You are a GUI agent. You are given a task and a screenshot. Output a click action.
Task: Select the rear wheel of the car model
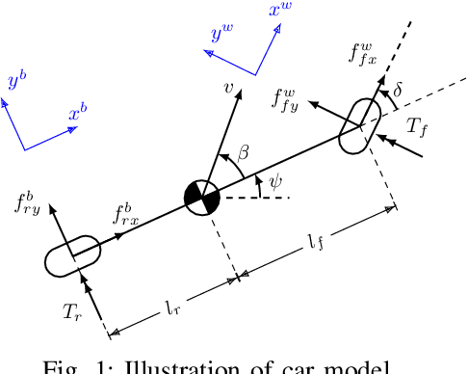click(x=72, y=255)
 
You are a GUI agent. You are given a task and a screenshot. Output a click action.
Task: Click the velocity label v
click(x=229, y=89)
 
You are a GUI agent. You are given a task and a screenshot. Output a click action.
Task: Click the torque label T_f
click(x=419, y=125)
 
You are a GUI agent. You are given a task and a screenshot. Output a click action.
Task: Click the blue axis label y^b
click(x=15, y=81)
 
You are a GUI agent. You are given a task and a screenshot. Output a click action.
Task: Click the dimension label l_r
click(x=172, y=309)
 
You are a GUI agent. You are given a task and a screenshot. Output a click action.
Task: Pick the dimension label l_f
click(x=316, y=242)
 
